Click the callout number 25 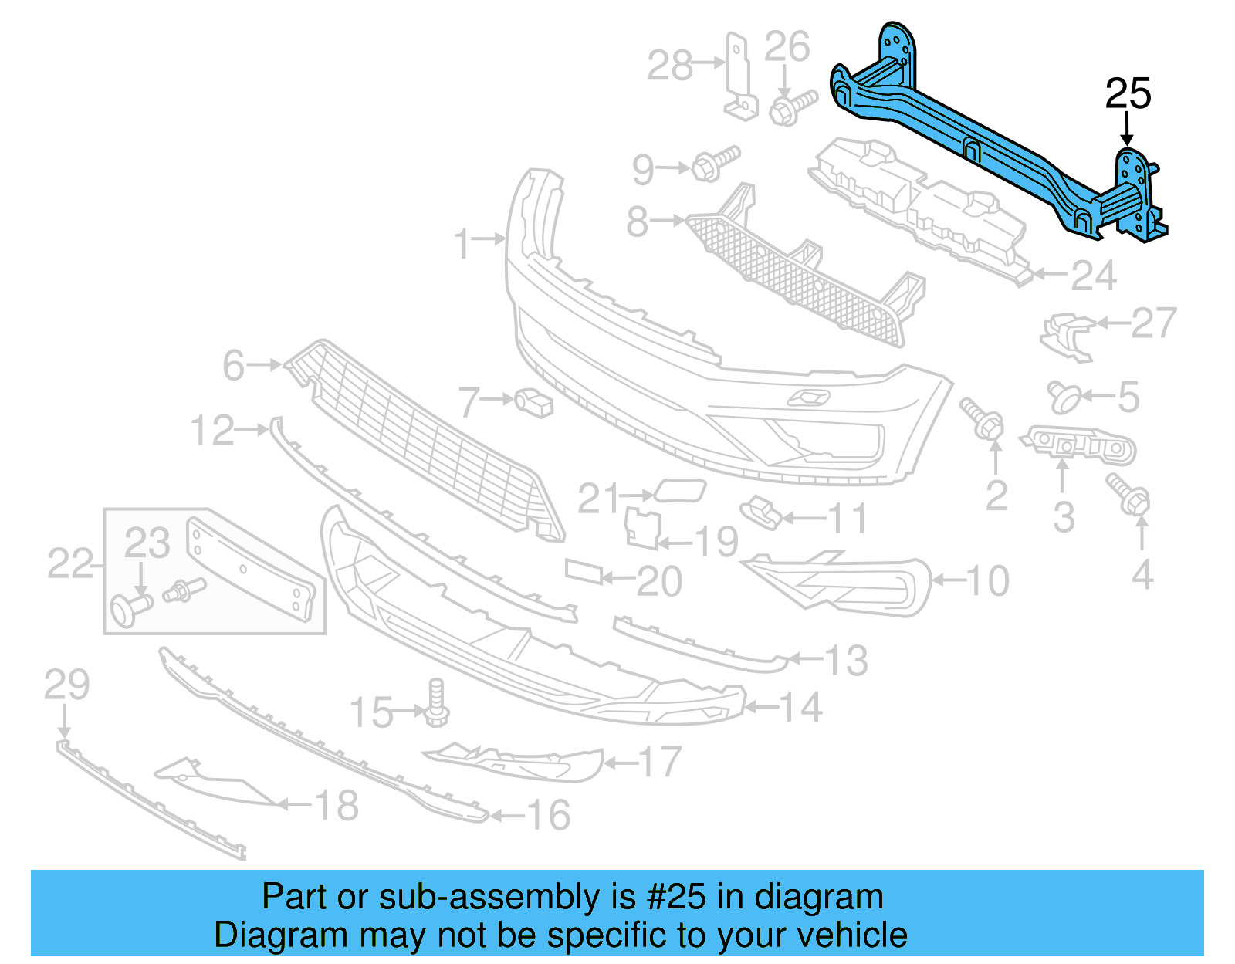coord(1128,94)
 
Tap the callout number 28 coord(669,66)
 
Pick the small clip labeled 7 coord(534,402)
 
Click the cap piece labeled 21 coord(680,491)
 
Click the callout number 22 coord(69,563)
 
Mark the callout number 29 coord(66,685)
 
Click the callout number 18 coord(337,806)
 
